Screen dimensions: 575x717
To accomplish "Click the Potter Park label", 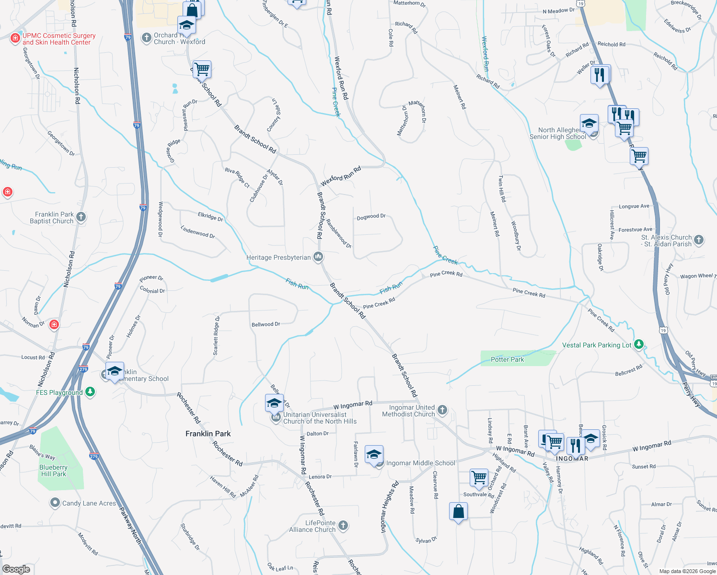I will [x=507, y=359].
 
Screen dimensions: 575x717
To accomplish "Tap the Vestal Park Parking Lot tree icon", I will [x=638, y=345].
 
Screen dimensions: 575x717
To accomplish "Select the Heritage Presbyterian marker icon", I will [x=318, y=257].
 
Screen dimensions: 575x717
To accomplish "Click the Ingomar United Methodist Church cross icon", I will [x=442, y=410].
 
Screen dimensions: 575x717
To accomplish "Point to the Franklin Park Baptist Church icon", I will [x=81, y=217].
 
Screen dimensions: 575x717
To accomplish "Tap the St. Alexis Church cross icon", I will [x=699, y=240].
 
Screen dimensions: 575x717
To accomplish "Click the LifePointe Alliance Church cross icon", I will [x=343, y=526].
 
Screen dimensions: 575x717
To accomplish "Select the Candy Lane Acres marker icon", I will [x=55, y=503].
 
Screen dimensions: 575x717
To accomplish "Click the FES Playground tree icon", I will [x=90, y=392].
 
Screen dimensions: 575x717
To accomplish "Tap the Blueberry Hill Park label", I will [x=53, y=471].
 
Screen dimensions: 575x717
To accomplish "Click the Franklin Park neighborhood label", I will [x=208, y=434].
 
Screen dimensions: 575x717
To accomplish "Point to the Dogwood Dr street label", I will [x=371, y=217].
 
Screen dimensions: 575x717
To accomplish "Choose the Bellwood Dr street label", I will [x=266, y=324].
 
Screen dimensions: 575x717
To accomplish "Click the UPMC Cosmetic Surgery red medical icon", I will [x=15, y=38].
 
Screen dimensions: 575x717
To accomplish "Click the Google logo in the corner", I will [x=16, y=569].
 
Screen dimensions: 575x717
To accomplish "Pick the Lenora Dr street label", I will [x=320, y=477].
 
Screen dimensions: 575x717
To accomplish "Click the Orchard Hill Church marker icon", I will [x=146, y=38].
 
